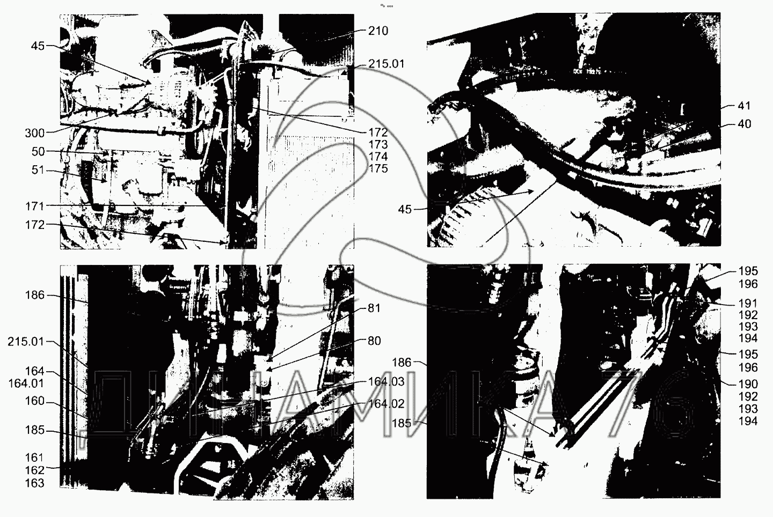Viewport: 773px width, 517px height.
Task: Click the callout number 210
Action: tap(378, 31)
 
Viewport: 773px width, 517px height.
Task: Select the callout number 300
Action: tap(35, 133)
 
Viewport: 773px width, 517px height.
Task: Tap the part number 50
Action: tap(38, 152)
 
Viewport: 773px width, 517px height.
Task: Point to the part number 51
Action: tap(38, 170)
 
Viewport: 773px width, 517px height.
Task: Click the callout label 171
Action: tap(35, 206)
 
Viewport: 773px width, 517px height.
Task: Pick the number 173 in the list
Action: tap(378, 144)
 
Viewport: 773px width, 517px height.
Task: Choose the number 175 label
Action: tap(378, 168)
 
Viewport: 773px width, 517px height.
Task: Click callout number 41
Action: tap(744, 106)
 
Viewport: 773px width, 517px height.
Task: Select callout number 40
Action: tap(744, 124)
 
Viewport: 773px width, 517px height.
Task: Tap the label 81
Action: tap(374, 308)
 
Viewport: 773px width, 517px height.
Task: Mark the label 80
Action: tap(374, 341)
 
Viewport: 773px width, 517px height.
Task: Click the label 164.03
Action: tap(386, 382)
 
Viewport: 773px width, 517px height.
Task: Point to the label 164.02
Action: tap(386, 404)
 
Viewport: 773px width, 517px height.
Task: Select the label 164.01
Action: tap(26, 383)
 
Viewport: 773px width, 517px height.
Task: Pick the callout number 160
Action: tap(35, 401)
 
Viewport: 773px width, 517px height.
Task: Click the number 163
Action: tap(35, 483)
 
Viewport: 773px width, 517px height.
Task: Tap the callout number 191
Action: tap(748, 304)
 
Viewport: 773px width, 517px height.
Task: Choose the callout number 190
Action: tap(748, 384)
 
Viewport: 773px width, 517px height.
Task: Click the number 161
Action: tap(35, 457)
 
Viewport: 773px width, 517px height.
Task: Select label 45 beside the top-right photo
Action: tap(405, 210)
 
